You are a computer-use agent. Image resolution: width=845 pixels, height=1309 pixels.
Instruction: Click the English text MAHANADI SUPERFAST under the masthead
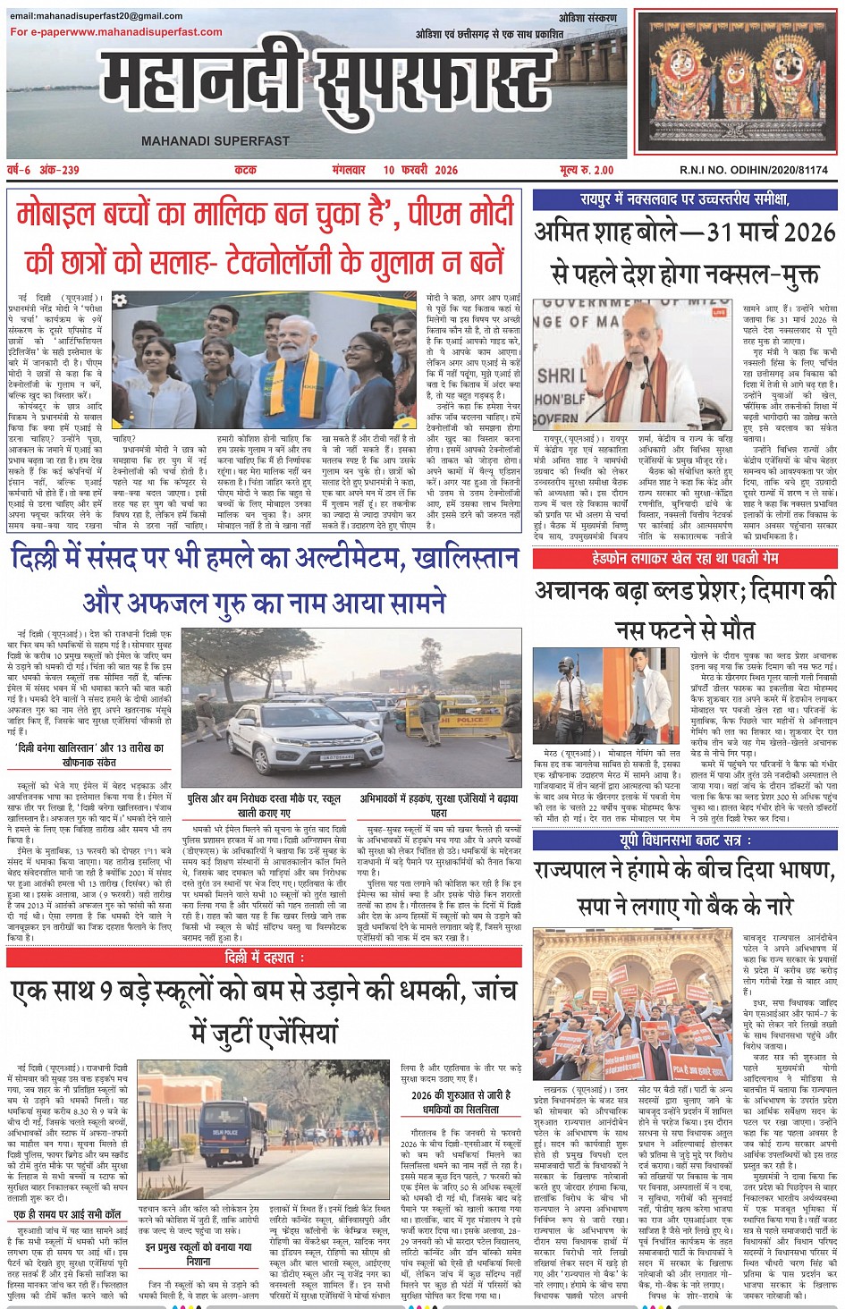[215, 140]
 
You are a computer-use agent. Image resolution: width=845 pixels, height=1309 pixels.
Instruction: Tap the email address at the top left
[96, 16]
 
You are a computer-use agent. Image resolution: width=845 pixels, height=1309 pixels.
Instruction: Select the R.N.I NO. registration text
[753, 170]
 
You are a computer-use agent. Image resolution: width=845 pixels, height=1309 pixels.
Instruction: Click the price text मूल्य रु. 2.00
[587, 170]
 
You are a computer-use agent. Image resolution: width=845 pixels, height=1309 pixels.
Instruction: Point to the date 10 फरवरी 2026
[420, 170]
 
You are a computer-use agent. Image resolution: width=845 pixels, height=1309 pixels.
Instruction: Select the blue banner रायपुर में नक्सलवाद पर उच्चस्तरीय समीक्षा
[684, 199]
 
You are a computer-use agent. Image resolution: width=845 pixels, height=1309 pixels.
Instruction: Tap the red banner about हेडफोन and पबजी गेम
[684, 558]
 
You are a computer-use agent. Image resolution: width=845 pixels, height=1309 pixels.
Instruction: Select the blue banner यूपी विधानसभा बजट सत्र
[684, 840]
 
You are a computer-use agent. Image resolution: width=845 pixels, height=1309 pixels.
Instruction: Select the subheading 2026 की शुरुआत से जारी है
[461, 1095]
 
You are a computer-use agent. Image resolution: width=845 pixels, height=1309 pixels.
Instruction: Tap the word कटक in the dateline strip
[245, 170]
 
